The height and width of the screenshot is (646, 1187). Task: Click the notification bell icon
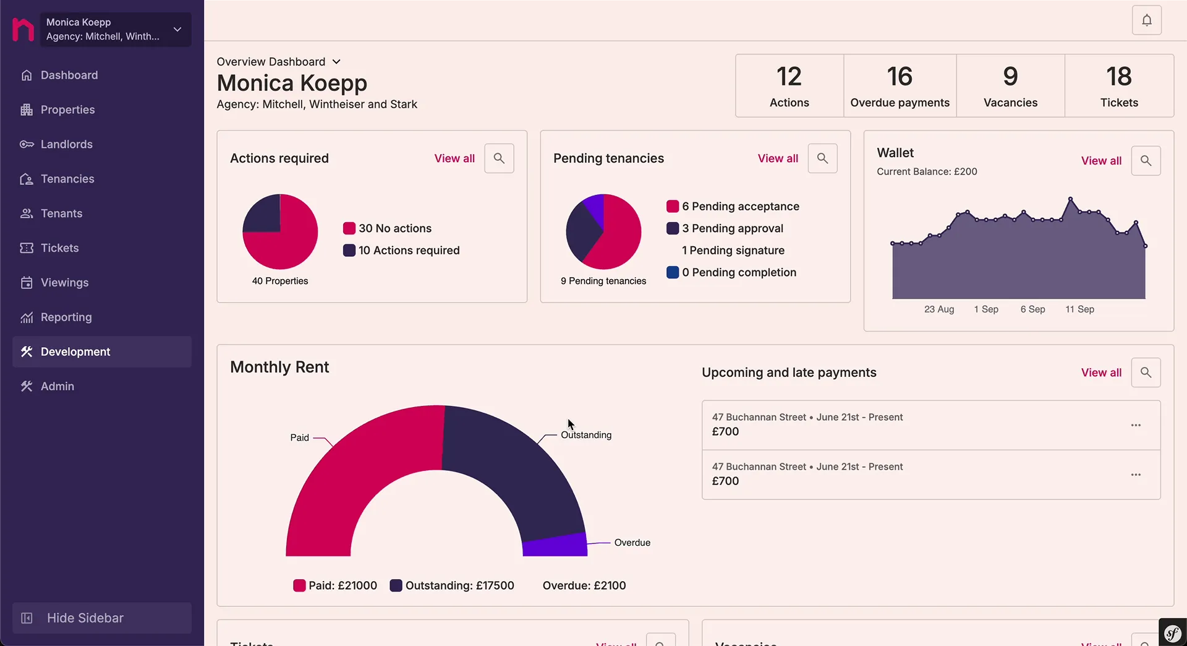pos(1146,20)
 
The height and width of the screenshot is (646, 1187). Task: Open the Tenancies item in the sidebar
pos(67,179)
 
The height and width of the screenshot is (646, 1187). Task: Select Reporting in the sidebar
pos(66,317)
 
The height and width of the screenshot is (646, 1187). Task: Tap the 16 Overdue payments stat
pos(900,86)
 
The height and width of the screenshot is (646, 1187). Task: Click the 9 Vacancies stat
pos(1010,86)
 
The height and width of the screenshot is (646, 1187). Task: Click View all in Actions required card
pos(454,158)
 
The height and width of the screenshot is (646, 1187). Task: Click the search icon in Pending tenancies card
pos(822,158)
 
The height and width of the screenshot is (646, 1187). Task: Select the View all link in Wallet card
pos(1100,161)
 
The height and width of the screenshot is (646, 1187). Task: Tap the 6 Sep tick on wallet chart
pos(1032,309)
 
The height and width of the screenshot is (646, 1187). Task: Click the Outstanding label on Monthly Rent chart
pos(585,435)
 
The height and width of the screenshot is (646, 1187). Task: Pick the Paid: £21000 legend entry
pos(335,585)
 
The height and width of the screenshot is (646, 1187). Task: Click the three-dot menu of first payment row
pos(1136,425)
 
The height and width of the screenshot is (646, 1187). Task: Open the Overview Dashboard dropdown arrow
pos(336,62)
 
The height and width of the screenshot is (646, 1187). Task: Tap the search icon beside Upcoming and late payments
pos(1146,373)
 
